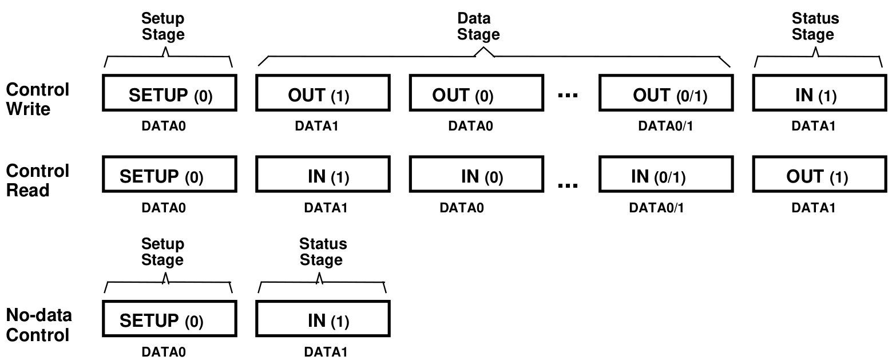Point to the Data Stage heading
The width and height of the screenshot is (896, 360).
(x=478, y=27)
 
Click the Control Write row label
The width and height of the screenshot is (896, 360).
(x=37, y=99)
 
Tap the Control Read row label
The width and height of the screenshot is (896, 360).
(x=37, y=180)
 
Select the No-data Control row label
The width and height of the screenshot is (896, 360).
(x=39, y=325)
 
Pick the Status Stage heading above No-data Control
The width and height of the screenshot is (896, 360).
(x=323, y=252)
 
